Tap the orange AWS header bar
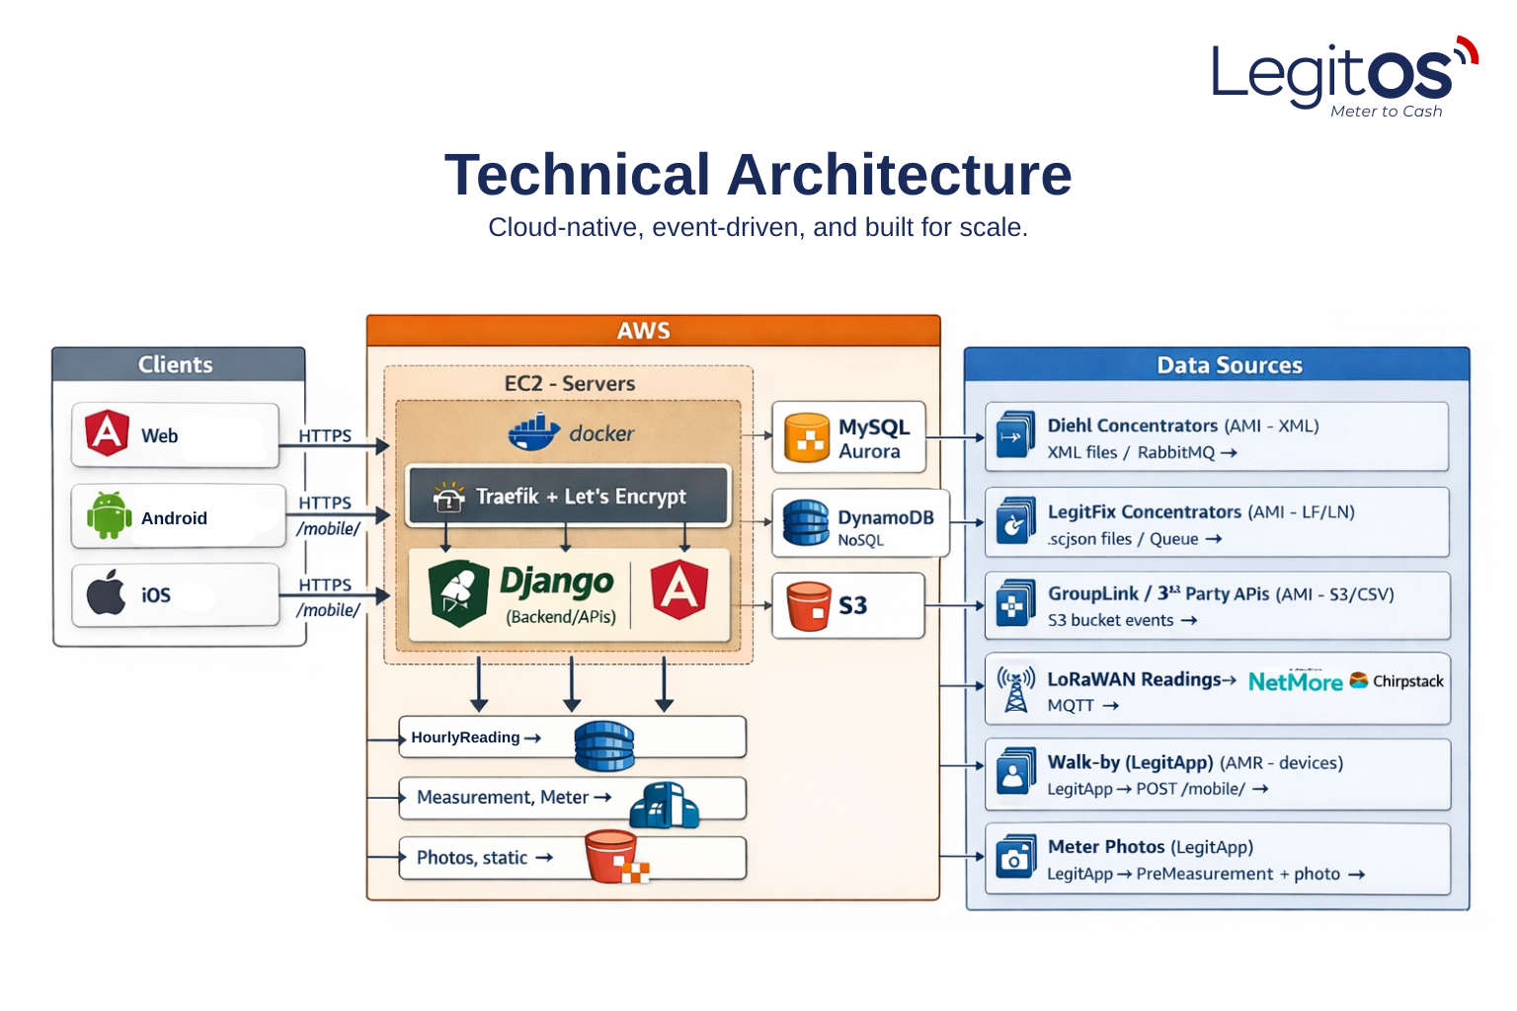coord(653,331)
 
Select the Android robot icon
coord(109,515)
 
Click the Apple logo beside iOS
coord(106,592)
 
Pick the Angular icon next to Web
coord(107,433)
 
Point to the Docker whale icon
coord(534,432)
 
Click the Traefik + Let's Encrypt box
coord(568,496)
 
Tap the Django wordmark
coord(556,582)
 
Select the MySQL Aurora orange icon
coord(806,438)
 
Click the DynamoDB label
coord(885,517)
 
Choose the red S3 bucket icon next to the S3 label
coord(808,605)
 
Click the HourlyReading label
coord(465,738)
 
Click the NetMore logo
coord(1295,681)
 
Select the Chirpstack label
coord(1407,681)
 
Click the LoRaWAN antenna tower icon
coord(1015,688)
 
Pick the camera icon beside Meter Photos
coord(1015,857)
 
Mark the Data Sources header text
coord(1229,365)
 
